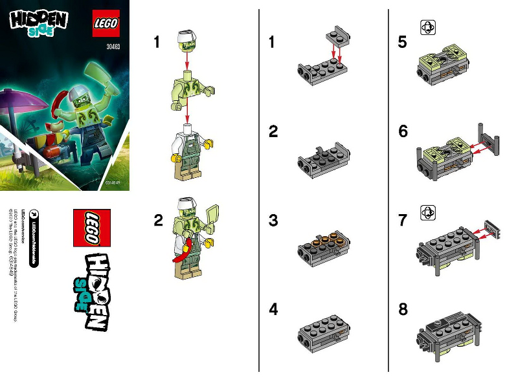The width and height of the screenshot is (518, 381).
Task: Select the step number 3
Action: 273,221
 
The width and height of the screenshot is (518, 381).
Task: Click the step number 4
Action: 273,310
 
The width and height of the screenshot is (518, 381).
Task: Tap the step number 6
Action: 403,131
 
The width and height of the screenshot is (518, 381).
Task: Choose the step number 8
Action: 403,310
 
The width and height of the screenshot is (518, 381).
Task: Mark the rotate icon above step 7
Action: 428,212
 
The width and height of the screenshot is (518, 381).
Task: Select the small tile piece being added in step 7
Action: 495,228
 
